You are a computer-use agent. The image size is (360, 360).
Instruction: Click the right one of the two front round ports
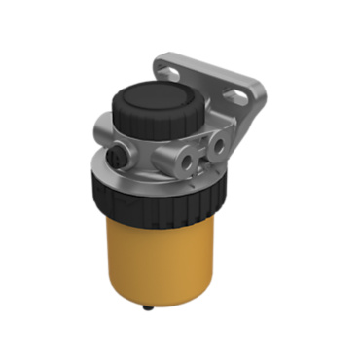tap(218, 147)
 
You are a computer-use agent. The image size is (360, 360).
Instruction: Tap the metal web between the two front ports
tap(202, 154)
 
